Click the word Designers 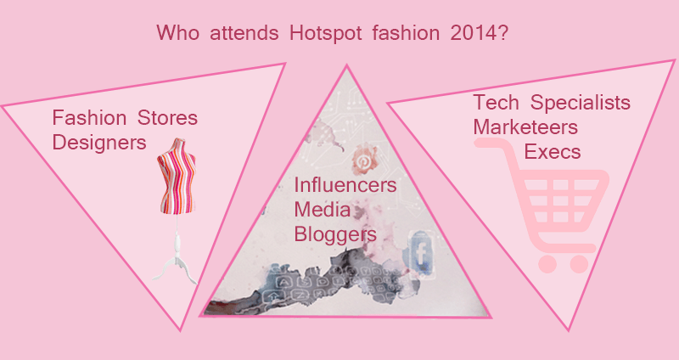(99, 141)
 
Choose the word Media (322, 209)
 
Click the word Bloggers (335, 233)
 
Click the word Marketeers (526, 127)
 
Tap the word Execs (553, 151)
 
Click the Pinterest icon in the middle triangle (363, 160)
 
